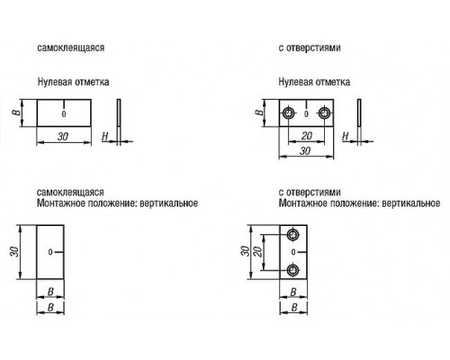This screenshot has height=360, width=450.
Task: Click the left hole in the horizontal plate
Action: point(289,113)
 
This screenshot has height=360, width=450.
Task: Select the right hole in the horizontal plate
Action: point(324,113)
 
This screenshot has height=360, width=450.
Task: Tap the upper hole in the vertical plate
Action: point(292,235)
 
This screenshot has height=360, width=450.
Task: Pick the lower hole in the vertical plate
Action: point(292,271)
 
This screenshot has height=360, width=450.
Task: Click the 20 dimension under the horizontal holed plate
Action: point(307,136)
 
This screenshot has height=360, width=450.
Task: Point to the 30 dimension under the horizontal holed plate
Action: point(305,150)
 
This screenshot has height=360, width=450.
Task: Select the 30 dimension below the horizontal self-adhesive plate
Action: point(63,137)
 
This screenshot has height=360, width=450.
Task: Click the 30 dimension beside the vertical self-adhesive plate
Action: point(14,251)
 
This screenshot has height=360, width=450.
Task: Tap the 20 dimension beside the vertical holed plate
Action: point(257,251)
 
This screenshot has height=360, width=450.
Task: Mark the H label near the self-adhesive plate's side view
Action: point(104,137)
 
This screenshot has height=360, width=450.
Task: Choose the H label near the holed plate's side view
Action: point(346,137)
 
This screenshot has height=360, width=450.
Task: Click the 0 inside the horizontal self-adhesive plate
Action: point(64,114)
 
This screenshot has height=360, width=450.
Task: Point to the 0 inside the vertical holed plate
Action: point(293,252)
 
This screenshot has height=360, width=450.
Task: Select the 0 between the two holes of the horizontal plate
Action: point(306,114)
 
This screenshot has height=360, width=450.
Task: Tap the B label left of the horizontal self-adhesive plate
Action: point(17,112)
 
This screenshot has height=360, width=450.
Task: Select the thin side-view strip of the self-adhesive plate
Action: point(119,112)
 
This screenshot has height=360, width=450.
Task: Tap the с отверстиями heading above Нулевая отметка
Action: point(310,48)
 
